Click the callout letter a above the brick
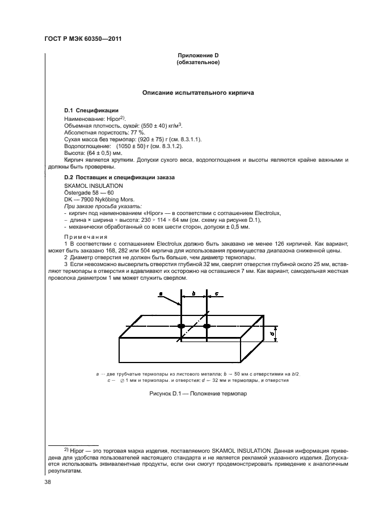(x=161, y=293)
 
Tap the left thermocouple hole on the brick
(x=182, y=326)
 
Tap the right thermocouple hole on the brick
(x=207, y=326)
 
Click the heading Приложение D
(x=198, y=55)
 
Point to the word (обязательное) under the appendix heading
(x=198, y=62)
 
